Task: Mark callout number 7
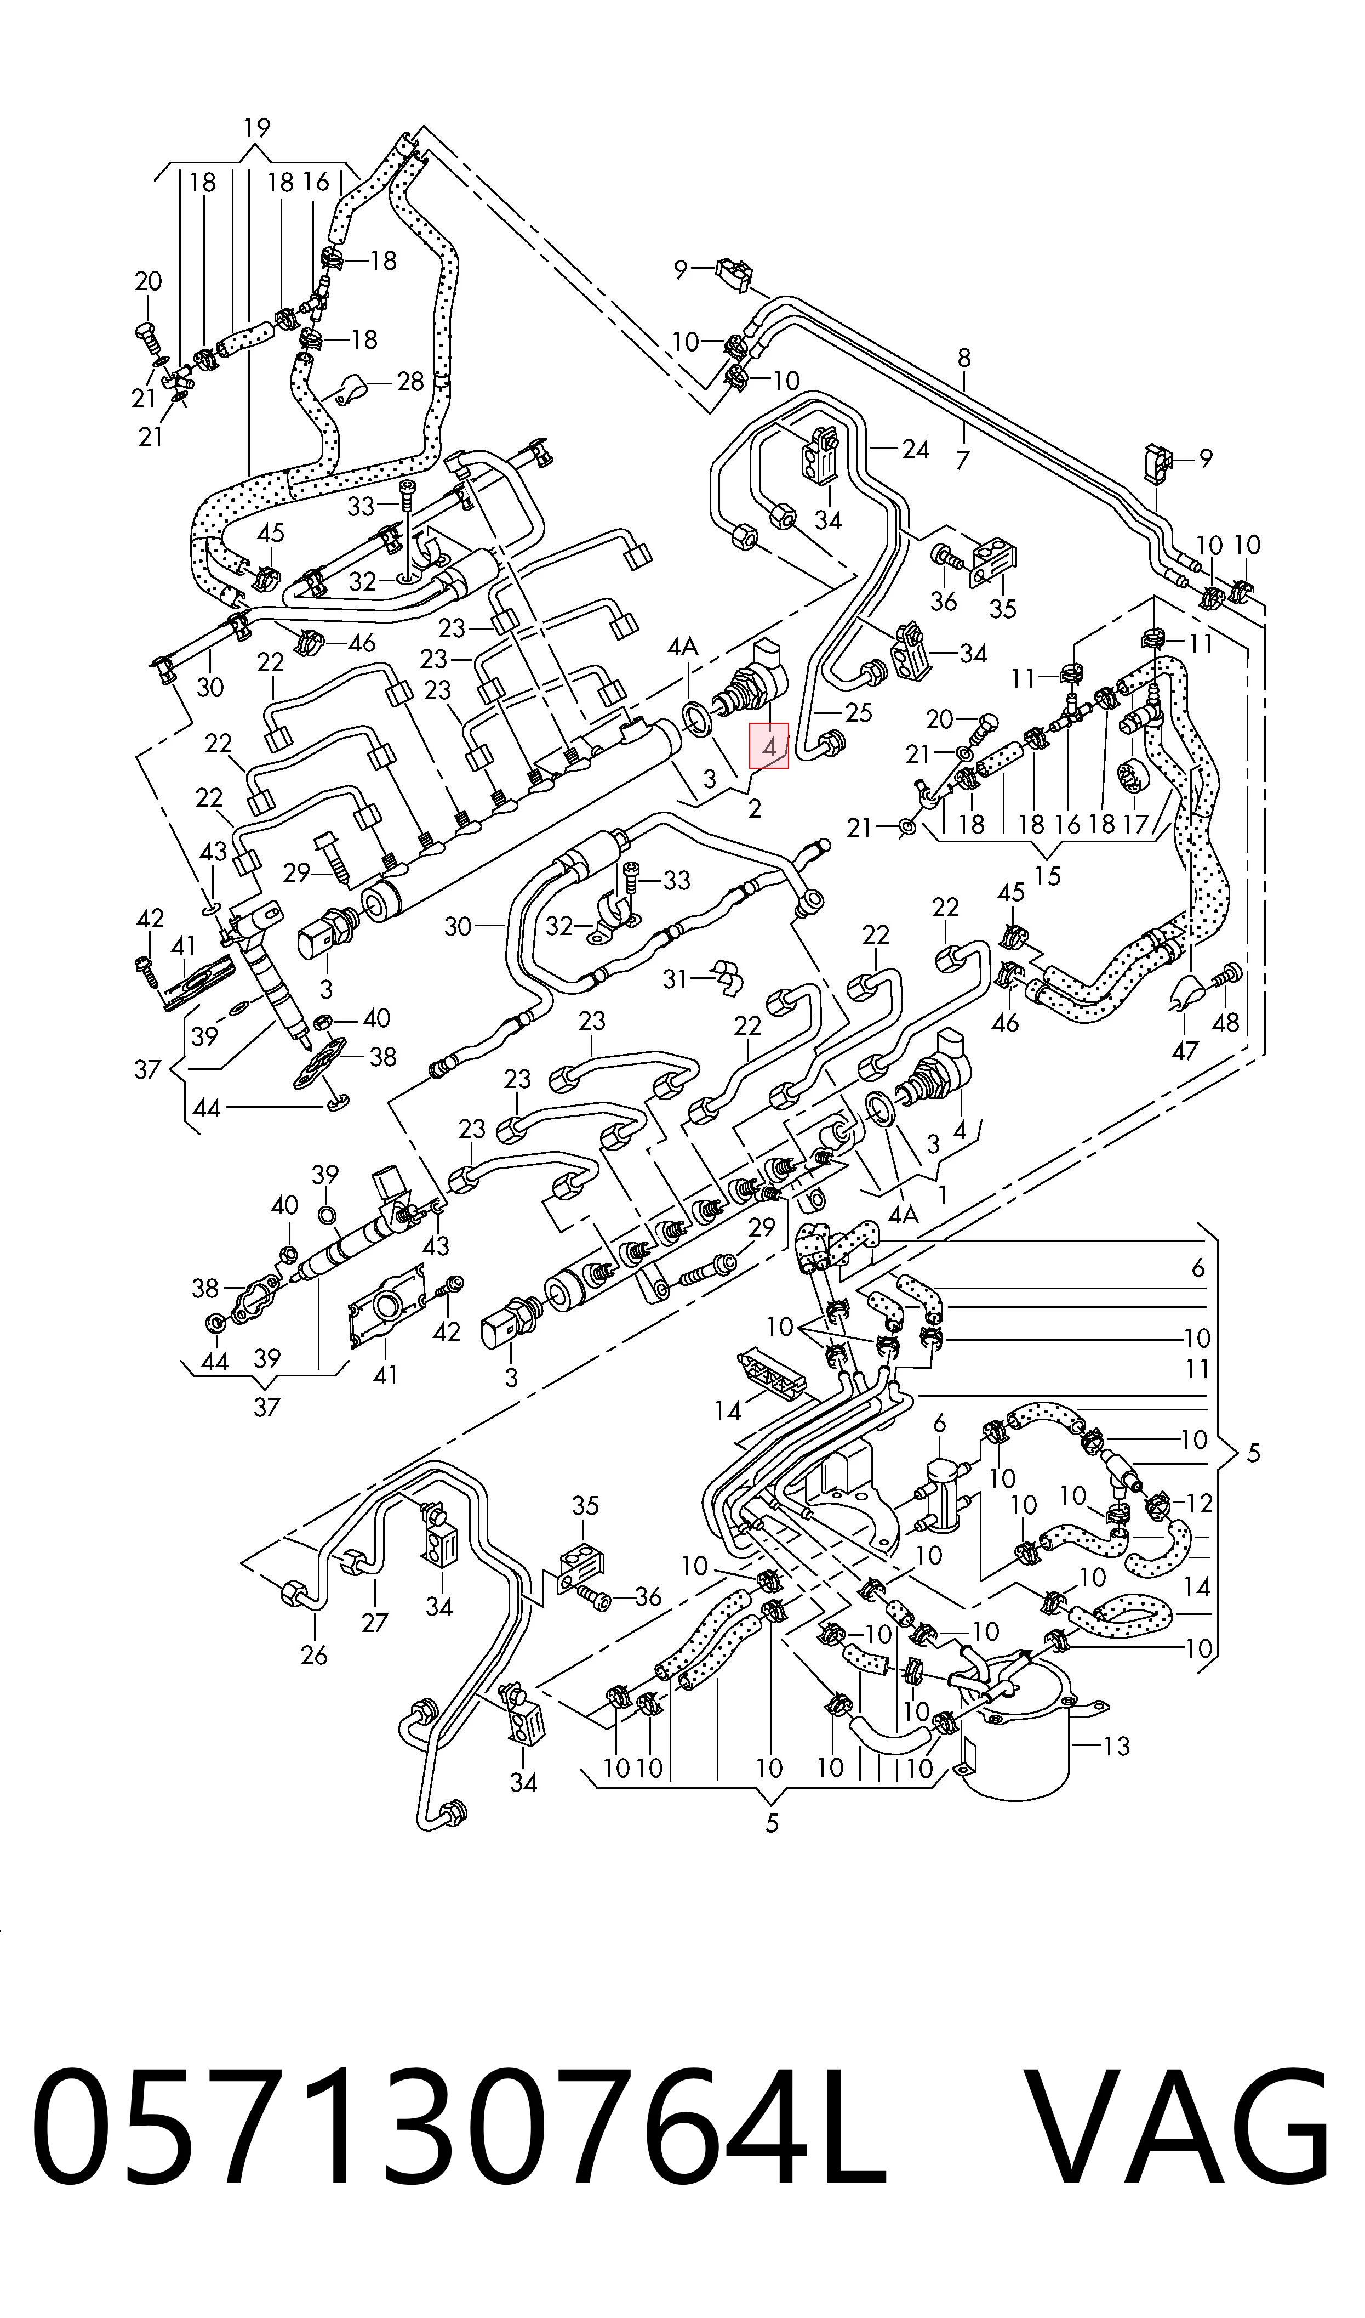(962, 458)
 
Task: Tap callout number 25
(858, 712)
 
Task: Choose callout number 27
(374, 1622)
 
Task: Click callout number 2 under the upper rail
(754, 809)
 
